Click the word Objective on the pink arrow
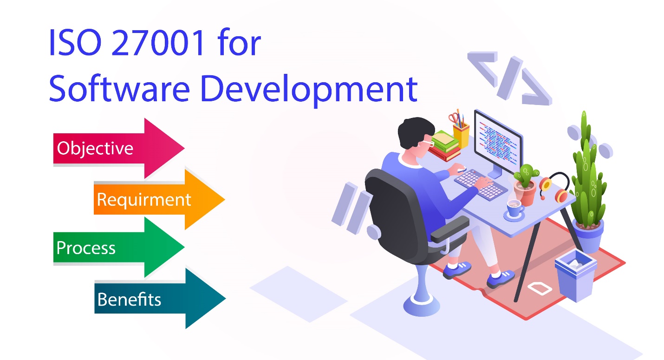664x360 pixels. pyautogui.click(x=95, y=148)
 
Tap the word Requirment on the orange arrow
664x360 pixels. pyautogui.click(x=144, y=200)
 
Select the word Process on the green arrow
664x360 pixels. pyautogui.click(x=86, y=248)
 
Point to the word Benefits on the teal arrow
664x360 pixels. pyautogui.click(x=129, y=299)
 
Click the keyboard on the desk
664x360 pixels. pyautogui.click(x=481, y=184)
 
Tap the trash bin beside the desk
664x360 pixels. pyautogui.click(x=575, y=277)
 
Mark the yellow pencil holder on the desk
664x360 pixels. pyautogui.click(x=461, y=132)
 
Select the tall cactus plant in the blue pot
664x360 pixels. pyautogui.click(x=587, y=177)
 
